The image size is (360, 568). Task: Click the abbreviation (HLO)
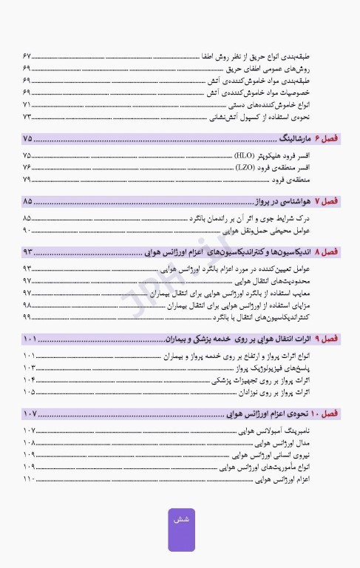coord(245,156)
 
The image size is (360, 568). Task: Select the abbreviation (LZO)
coord(245,168)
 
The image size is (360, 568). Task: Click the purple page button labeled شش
coord(181,530)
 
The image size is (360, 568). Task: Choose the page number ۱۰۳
coord(29,367)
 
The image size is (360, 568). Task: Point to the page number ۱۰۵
coord(29,391)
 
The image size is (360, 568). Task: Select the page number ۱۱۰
coord(29,479)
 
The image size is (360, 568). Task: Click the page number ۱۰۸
coord(29,442)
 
